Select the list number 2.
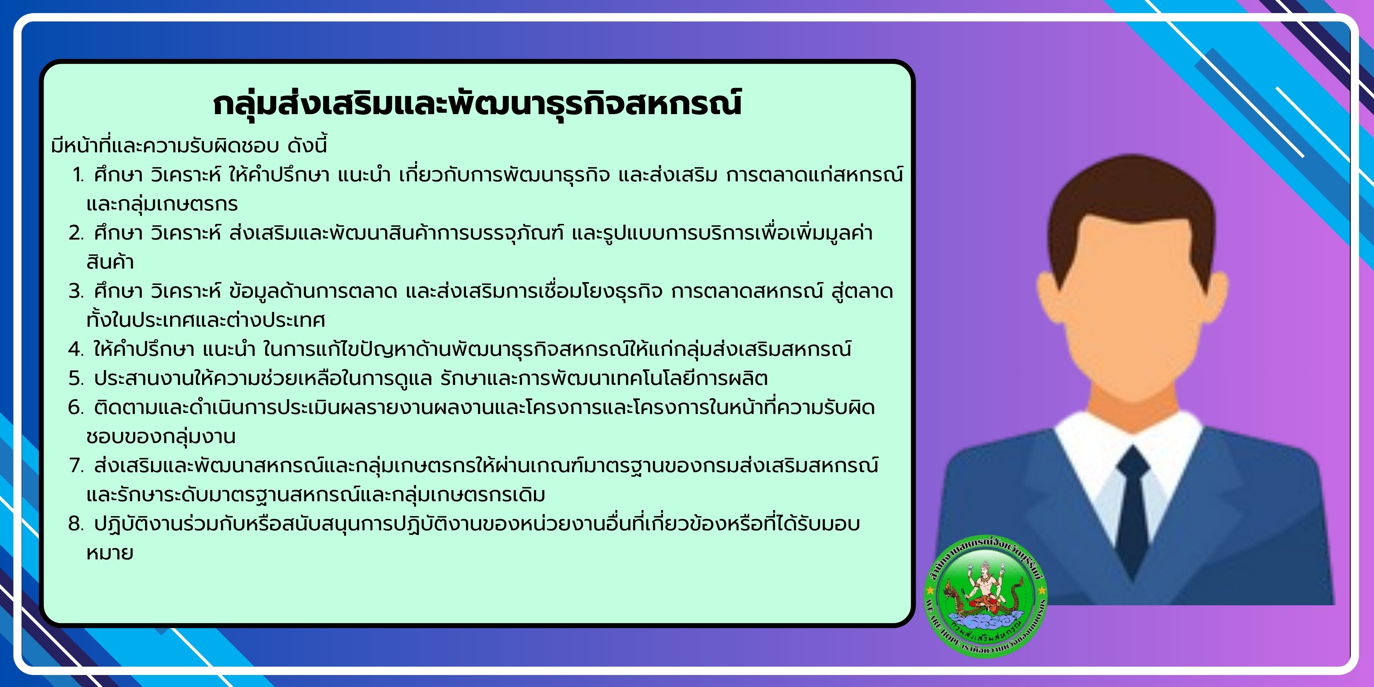[x=76, y=233]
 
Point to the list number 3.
[x=76, y=291]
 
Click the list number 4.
[x=76, y=349]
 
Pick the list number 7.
[x=76, y=466]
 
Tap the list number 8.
[x=76, y=524]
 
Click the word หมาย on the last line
[x=110, y=553]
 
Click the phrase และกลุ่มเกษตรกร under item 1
[x=162, y=204]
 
